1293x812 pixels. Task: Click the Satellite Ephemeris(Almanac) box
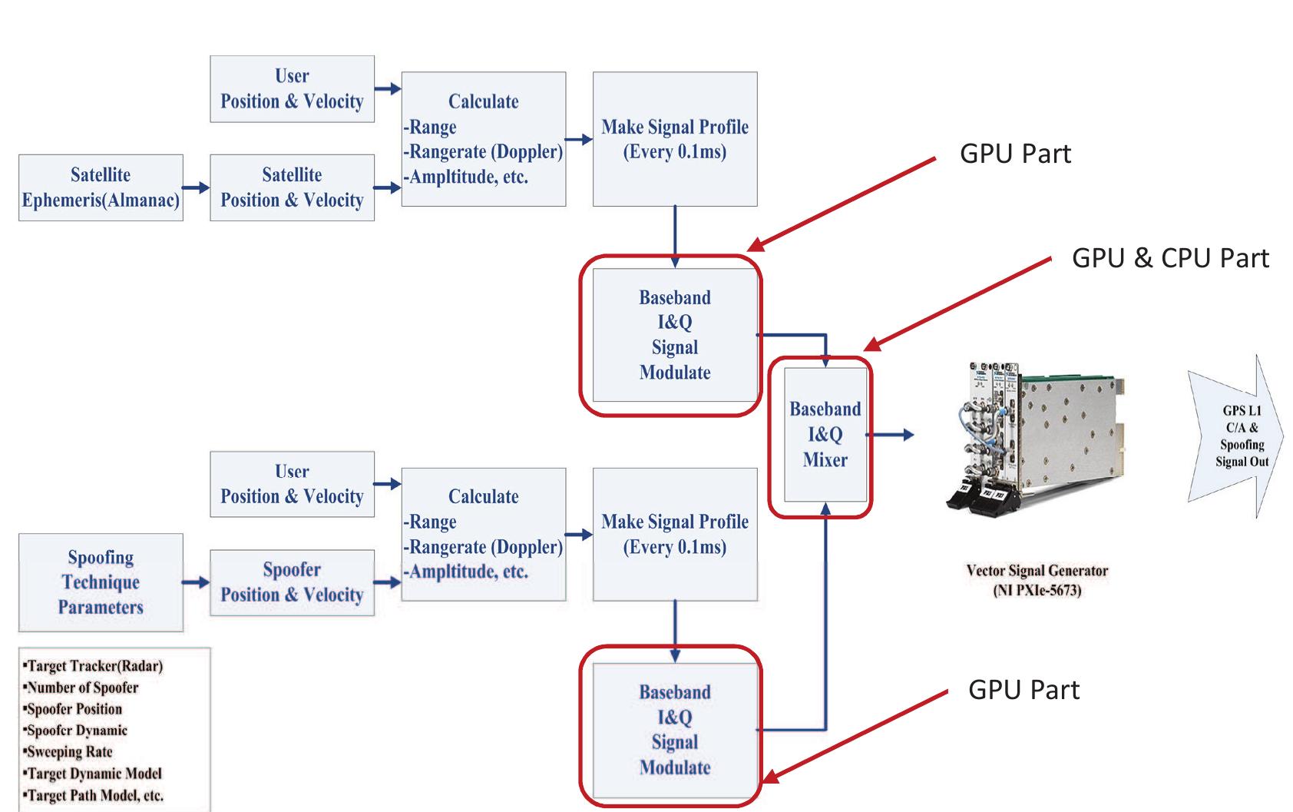click(x=101, y=187)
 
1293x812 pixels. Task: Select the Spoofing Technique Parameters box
click(x=101, y=582)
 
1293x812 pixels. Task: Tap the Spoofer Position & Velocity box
click(x=292, y=582)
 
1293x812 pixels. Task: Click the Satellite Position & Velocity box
click(x=292, y=187)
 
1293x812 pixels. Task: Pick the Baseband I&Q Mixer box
click(x=825, y=435)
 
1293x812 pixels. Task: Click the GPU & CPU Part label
click(x=1169, y=258)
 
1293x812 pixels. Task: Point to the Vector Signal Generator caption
click(x=1037, y=580)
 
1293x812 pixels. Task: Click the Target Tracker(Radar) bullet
click(x=94, y=666)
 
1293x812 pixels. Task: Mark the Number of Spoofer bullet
click(x=82, y=688)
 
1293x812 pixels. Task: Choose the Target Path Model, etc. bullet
click(x=94, y=795)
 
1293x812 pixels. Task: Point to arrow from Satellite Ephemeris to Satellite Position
click(x=197, y=187)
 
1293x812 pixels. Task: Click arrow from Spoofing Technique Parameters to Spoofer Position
click(x=197, y=582)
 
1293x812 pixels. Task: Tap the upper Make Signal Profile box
click(x=675, y=139)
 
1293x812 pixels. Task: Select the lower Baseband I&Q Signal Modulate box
click(x=675, y=730)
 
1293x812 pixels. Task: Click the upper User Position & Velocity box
click(x=292, y=88)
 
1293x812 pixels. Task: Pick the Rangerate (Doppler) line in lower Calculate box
click(x=484, y=547)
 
